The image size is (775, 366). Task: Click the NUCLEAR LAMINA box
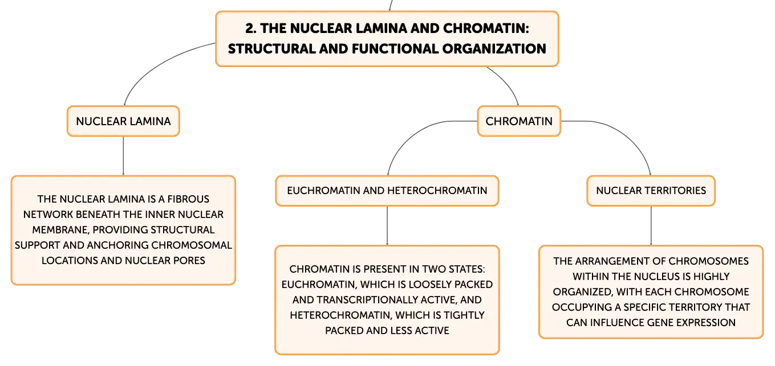point(123,121)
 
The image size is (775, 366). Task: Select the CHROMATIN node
point(518,121)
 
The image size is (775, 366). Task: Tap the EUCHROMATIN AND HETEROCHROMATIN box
point(387,191)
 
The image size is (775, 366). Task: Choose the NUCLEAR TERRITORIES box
point(651,191)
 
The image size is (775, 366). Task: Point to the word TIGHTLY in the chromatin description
point(464,315)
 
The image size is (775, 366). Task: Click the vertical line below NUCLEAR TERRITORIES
point(651,226)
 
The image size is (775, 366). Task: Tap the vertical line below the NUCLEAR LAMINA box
point(123,156)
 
